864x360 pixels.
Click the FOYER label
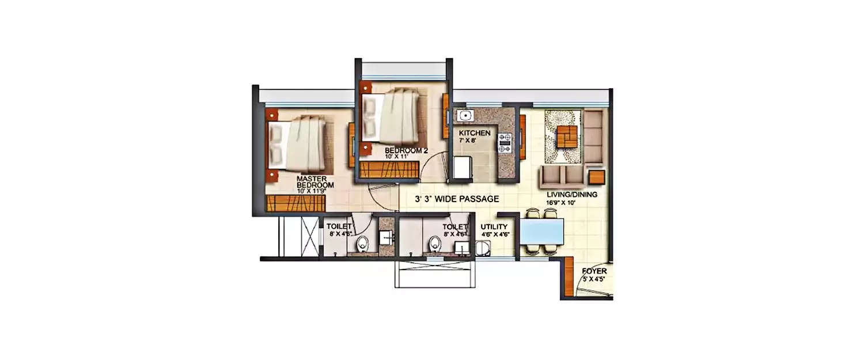coord(594,270)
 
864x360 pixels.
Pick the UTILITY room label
coord(494,227)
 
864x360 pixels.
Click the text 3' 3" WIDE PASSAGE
coord(457,199)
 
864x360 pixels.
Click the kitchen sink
coord(463,114)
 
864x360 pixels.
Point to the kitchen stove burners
coord(505,143)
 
